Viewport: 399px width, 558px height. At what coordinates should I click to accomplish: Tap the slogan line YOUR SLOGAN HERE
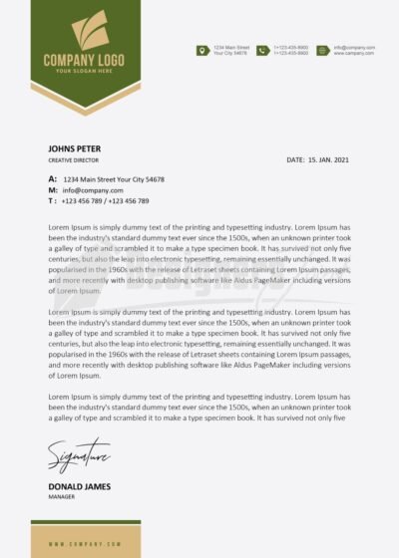pos(83,71)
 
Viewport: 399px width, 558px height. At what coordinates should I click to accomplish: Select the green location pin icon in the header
pos(203,50)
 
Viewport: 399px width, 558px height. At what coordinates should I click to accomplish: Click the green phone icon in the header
pos(263,50)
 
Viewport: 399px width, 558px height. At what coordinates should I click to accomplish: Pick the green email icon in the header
pos(323,50)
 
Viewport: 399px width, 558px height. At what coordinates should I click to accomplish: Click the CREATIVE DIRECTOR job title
pos(73,159)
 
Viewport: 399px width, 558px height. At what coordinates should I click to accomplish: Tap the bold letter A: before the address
pos(52,178)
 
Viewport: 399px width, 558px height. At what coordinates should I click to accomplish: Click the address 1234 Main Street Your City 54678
pos(114,179)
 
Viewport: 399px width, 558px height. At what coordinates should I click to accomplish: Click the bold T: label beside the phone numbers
pos(52,200)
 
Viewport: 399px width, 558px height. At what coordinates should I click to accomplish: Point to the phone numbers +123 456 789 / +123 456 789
pos(105,200)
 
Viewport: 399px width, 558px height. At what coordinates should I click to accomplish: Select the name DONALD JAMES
pos(78,485)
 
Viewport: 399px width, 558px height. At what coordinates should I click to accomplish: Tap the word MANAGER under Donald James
pos(63,495)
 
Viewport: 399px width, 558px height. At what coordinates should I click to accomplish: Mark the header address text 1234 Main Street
pos(230,47)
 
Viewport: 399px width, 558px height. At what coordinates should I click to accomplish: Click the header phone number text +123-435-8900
pos(290,47)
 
